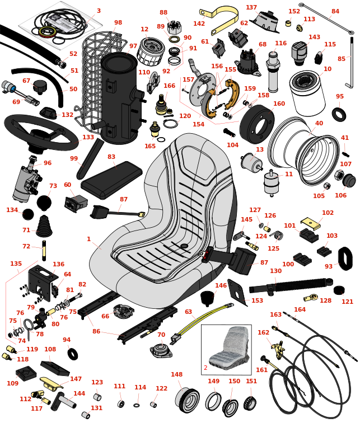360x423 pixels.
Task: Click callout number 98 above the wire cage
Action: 118,23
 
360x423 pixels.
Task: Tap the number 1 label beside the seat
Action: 88,239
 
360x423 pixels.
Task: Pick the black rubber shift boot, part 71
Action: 44,231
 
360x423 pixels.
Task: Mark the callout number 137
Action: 251,7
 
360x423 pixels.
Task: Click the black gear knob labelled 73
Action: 44,202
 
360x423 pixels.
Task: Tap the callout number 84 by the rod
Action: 335,11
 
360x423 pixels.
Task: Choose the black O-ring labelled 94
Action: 72,354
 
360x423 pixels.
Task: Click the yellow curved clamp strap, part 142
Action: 224,17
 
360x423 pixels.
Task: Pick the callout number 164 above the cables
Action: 300,309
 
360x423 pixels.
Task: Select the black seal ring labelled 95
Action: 339,114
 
